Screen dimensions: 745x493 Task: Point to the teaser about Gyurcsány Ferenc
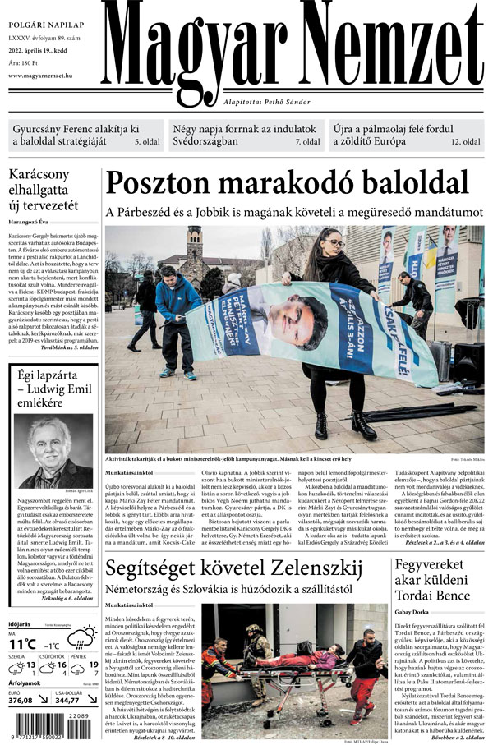(x=76, y=136)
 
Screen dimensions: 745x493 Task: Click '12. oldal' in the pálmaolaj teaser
(x=465, y=142)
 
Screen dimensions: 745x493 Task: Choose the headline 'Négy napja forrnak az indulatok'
(x=244, y=130)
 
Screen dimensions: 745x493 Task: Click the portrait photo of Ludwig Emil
(x=54, y=451)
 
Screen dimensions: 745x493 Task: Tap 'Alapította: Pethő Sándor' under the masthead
(x=267, y=101)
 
